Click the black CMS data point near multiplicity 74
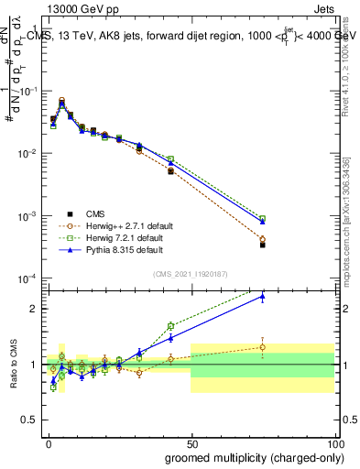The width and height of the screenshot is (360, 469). pyautogui.click(x=262, y=245)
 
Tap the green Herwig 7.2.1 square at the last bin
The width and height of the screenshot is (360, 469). pyautogui.click(x=262, y=219)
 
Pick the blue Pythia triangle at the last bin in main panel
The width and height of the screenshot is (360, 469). pyautogui.click(x=262, y=222)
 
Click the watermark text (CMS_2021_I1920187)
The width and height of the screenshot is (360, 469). pyautogui.click(x=191, y=273)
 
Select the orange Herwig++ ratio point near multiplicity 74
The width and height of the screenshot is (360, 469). pyautogui.click(x=262, y=347)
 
